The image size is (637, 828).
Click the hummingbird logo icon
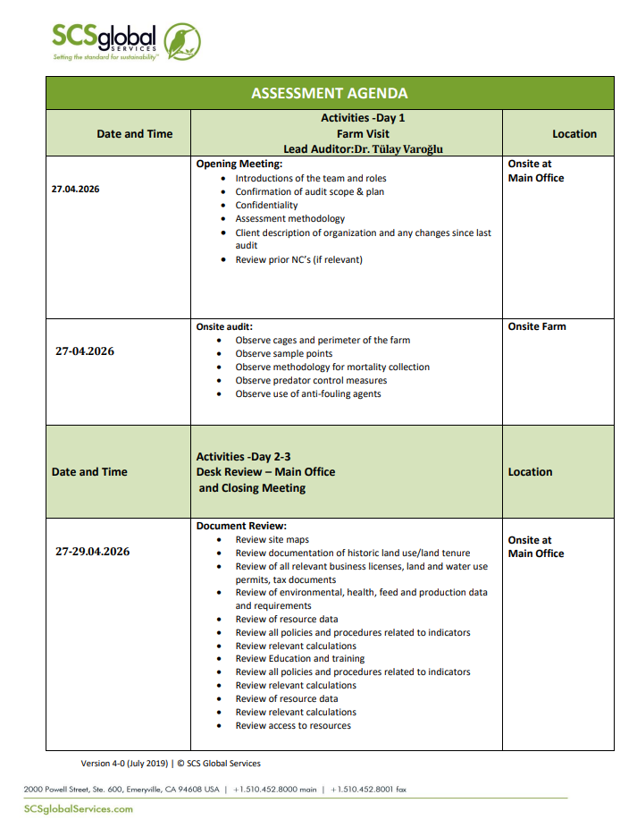[x=183, y=41]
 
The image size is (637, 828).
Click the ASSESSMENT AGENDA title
[x=330, y=93]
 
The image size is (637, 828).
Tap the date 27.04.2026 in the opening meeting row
[x=76, y=190]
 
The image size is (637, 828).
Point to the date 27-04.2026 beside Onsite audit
[x=85, y=351]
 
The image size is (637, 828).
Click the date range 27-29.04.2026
[x=92, y=552]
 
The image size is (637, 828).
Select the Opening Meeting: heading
[x=239, y=165]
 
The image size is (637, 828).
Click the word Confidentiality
[x=266, y=205]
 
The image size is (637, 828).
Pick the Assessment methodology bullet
[x=289, y=218]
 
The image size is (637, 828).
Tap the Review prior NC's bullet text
[x=298, y=259]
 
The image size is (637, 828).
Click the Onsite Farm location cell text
[x=537, y=327]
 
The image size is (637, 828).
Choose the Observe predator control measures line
[x=311, y=380]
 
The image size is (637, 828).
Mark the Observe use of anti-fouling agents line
[x=307, y=393]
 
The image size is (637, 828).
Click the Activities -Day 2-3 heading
[x=243, y=457]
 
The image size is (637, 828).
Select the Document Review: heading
[x=241, y=527]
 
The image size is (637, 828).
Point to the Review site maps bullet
[x=272, y=540]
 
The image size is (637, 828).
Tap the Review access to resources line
[x=293, y=725]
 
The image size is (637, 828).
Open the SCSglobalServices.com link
[x=79, y=808]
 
